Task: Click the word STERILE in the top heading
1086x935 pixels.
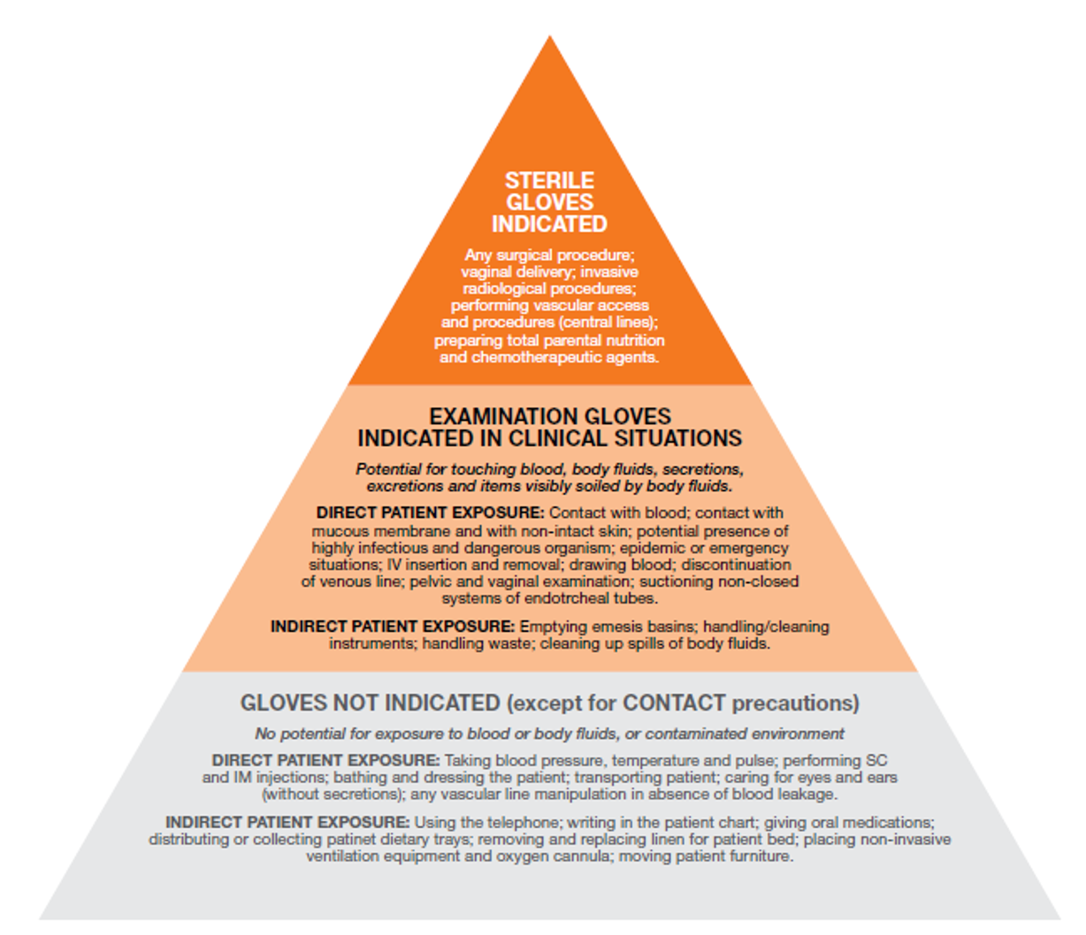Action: tap(549, 180)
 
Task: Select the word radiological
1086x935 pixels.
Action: tap(508, 288)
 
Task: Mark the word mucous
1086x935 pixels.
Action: tap(338, 530)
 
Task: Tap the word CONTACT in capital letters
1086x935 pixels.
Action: tap(674, 703)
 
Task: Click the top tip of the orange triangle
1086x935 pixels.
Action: tap(550, 37)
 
